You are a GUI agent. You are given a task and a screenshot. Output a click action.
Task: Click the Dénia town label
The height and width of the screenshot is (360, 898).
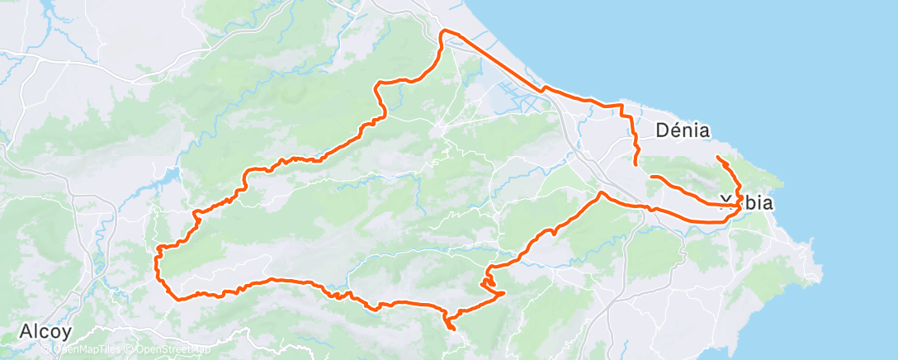(683, 130)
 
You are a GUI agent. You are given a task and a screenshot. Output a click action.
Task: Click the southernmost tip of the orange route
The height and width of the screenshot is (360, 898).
(452, 329)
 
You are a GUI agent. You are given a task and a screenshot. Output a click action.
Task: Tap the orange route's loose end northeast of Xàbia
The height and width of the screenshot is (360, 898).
(717, 157)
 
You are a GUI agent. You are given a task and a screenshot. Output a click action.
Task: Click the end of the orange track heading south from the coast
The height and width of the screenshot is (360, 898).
(636, 165)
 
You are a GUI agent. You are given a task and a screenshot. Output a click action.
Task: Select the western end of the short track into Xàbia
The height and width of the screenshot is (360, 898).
(651, 177)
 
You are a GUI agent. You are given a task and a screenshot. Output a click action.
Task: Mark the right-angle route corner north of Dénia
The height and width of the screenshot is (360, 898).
(621, 107)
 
